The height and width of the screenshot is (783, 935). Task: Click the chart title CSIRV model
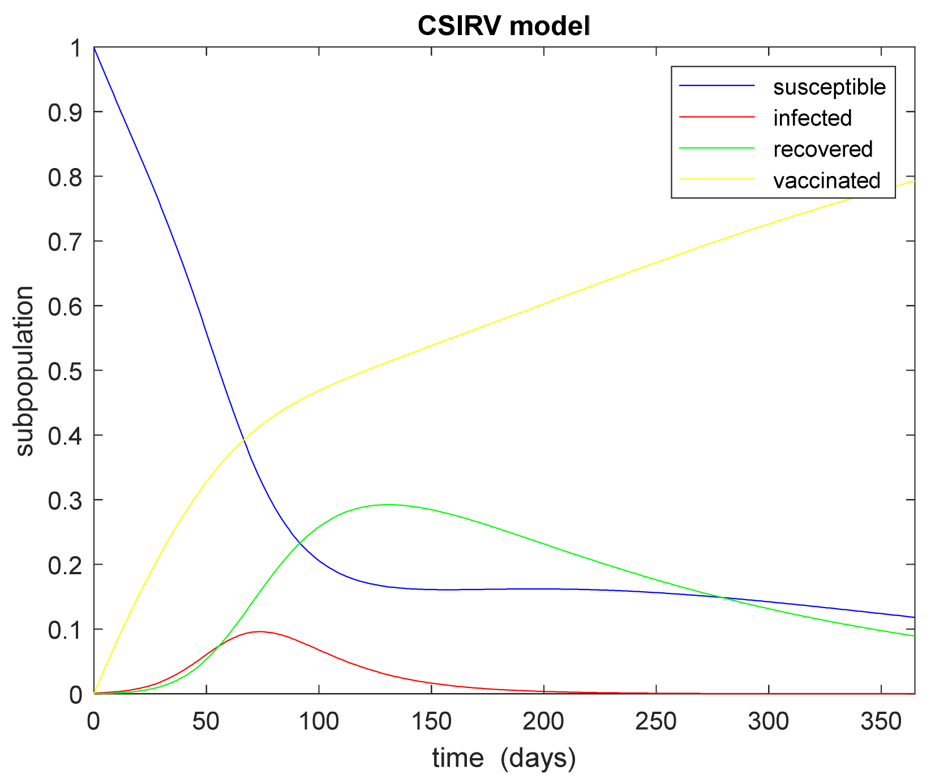click(504, 27)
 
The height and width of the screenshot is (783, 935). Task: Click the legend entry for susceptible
click(829, 87)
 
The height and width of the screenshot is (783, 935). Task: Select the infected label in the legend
click(812, 118)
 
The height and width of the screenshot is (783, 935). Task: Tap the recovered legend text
click(822, 149)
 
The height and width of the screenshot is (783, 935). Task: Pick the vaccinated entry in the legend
click(826, 180)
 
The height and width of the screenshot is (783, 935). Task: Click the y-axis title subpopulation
click(24, 371)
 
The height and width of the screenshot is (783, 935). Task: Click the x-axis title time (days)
click(504, 758)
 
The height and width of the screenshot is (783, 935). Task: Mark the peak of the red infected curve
click(259, 631)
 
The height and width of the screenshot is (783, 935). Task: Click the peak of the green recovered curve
click(388, 505)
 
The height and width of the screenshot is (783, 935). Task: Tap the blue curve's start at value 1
click(95, 48)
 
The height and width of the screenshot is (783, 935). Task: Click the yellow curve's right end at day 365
click(913, 181)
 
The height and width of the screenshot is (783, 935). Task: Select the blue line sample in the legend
click(717, 86)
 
